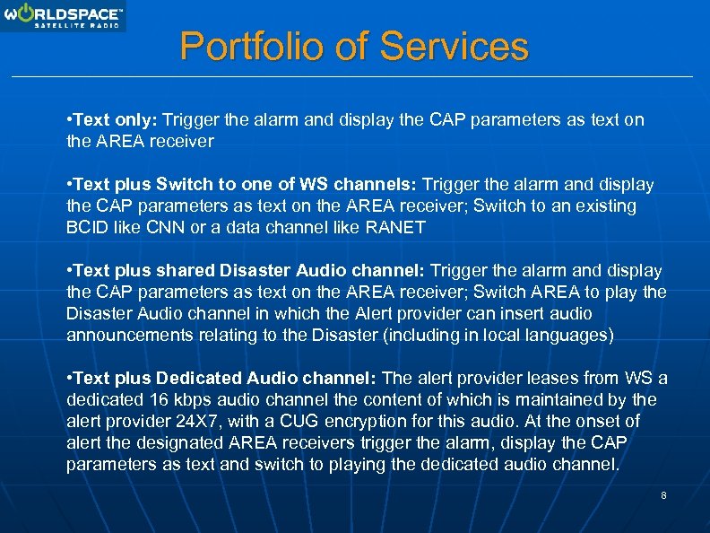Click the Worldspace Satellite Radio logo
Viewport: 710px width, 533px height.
click(x=63, y=16)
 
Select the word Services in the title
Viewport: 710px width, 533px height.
click(x=455, y=47)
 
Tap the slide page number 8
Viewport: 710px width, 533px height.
click(x=662, y=495)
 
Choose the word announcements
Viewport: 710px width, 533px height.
click(x=123, y=335)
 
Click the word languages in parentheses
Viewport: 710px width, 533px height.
click(x=570, y=335)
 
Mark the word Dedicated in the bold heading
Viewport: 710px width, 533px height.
click(x=190, y=378)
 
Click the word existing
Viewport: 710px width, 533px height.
click(x=606, y=205)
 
